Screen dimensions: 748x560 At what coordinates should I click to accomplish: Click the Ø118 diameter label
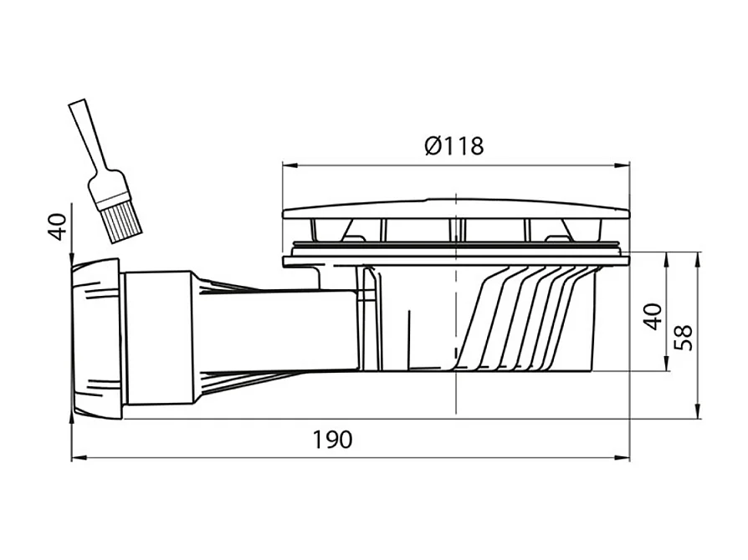point(454,145)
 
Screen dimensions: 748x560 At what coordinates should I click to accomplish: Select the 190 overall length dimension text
point(332,440)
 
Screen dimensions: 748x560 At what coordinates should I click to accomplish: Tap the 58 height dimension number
point(684,338)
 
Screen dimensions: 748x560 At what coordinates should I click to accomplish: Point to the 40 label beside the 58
point(653,317)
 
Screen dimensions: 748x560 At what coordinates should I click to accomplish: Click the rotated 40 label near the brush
point(59,227)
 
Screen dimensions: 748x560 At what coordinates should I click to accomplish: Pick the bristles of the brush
point(121,222)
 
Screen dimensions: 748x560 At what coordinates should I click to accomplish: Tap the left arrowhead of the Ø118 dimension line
point(289,165)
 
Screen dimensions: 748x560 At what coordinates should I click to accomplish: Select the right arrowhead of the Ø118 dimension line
point(622,165)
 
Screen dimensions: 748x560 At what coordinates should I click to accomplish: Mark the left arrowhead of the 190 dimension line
point(79,458)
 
